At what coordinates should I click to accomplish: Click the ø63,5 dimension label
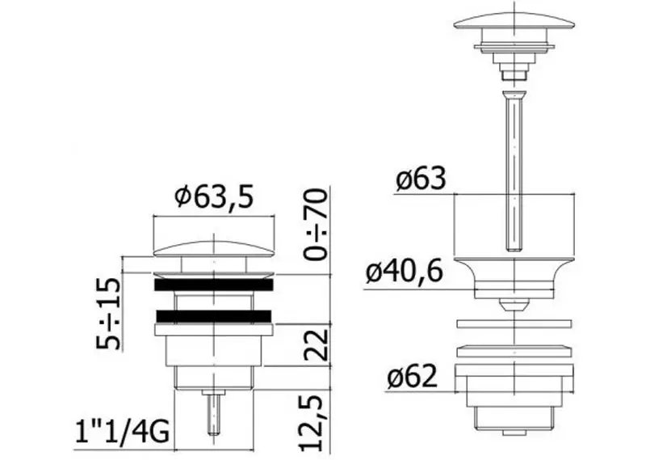point(214,196)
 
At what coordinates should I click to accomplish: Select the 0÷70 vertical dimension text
point(315,224)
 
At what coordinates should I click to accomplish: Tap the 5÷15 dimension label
point(109,313)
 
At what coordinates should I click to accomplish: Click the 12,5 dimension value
point(311,423)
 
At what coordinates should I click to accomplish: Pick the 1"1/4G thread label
point(122,433)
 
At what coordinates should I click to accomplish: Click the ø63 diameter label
point(421,179)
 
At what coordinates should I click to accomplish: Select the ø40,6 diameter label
point(405,271)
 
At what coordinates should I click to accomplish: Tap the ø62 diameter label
point(412,376)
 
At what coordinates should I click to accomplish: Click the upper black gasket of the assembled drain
point(214,285)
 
